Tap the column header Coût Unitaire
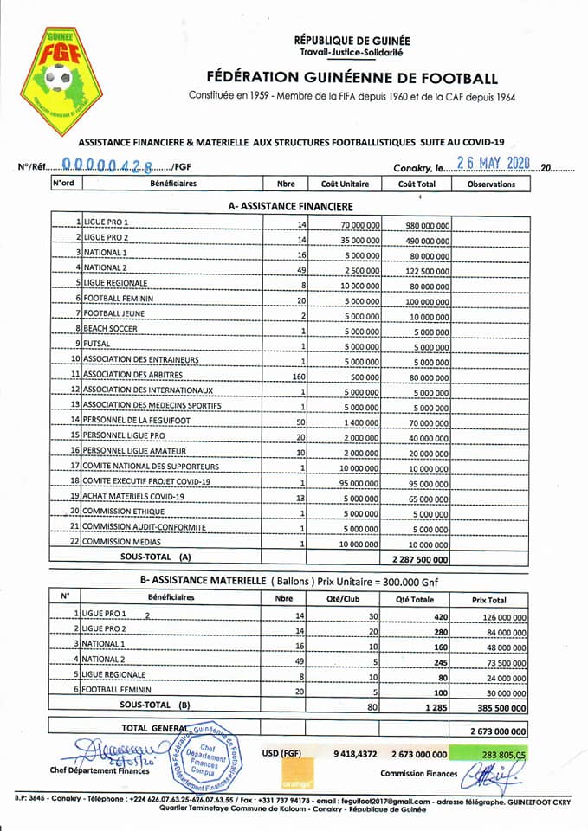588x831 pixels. click(345, 184)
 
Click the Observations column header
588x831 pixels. click(490, 184)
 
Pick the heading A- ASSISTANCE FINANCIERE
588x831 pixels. click(289, 207)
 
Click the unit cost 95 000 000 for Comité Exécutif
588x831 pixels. click(356, 480)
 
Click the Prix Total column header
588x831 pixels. click(491, 599)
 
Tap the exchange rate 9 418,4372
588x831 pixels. click(355, 754)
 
